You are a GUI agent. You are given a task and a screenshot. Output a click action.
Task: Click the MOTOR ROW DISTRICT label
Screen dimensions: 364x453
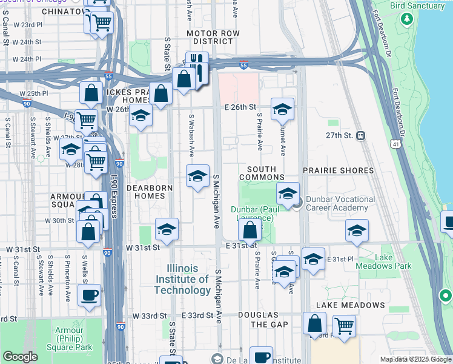[x=210, y=36]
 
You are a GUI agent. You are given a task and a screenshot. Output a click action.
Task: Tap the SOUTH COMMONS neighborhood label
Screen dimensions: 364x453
[x=257, y=173]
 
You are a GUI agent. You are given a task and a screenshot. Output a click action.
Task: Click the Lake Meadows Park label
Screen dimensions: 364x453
[x=392, y=261]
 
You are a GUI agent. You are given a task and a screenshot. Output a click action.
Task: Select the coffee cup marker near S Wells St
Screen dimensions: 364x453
[x=89, y=295]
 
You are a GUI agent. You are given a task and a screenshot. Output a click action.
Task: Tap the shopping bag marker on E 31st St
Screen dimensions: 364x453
[x=250, y=230]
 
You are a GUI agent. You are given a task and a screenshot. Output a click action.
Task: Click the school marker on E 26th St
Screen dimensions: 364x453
[x=282, y=109]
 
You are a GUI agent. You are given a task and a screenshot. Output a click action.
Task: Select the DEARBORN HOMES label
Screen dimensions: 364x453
[x=145, y=192]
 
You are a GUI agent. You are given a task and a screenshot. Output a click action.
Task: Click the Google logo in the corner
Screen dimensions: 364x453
[x=19, y=357]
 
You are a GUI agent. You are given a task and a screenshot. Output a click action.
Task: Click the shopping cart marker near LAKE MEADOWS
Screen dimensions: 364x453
[x=344, y=325]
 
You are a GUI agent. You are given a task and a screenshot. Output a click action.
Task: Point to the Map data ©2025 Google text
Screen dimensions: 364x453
[x=415, y=359]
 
